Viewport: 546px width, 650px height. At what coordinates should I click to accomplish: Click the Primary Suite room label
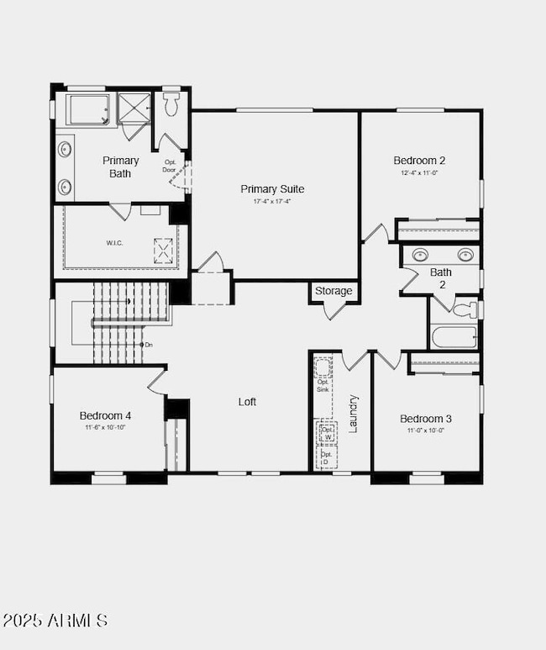[272, 189]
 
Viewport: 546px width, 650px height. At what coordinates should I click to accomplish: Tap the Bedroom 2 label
[419, 161]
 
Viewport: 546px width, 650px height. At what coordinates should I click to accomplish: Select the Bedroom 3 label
[426, 419]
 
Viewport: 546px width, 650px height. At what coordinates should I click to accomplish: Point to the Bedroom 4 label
[105, 415]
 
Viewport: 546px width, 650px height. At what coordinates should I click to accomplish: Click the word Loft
[247, 402]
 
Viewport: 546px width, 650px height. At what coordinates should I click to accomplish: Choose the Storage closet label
[334, 291]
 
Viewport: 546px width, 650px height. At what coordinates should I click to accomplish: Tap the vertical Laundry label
[354, 413]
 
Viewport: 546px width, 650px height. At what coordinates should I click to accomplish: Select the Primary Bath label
[121, 166]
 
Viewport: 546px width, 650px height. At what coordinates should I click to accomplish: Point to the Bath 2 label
[441, 278]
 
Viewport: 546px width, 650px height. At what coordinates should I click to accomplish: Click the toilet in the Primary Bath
[172, 104]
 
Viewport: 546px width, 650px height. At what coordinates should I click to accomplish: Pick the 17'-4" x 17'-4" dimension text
[272, 202]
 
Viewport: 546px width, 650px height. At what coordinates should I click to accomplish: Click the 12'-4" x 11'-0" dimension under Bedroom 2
[419, 172]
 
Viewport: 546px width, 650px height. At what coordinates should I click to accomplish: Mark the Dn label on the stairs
[149, 345]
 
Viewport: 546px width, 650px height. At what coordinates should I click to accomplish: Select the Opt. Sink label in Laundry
[323, 386]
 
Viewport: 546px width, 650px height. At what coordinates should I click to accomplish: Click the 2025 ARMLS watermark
[55, 621]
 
